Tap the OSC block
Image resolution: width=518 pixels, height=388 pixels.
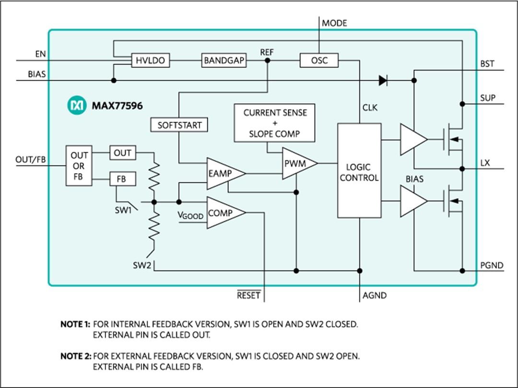coord(318,61)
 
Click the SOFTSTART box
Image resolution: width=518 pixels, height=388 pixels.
coord(180,125)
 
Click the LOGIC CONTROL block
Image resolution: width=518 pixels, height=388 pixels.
coord(359,171)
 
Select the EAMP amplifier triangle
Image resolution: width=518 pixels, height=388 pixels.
coord(223,173)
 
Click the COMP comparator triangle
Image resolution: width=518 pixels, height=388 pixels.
coord(223,212)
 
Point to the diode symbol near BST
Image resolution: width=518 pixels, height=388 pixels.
coord(382,81)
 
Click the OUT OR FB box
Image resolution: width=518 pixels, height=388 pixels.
coord(79,166)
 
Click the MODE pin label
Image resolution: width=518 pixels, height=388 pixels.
coord(334,23)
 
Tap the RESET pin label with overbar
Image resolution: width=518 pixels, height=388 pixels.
coord(249,295)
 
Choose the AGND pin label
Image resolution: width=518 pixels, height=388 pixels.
coord(375,295)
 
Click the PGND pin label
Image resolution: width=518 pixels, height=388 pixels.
coord(492,265)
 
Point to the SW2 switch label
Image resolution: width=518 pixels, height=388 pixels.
coord(143,265)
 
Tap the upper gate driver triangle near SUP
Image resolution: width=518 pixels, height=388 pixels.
coord(412,140)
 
